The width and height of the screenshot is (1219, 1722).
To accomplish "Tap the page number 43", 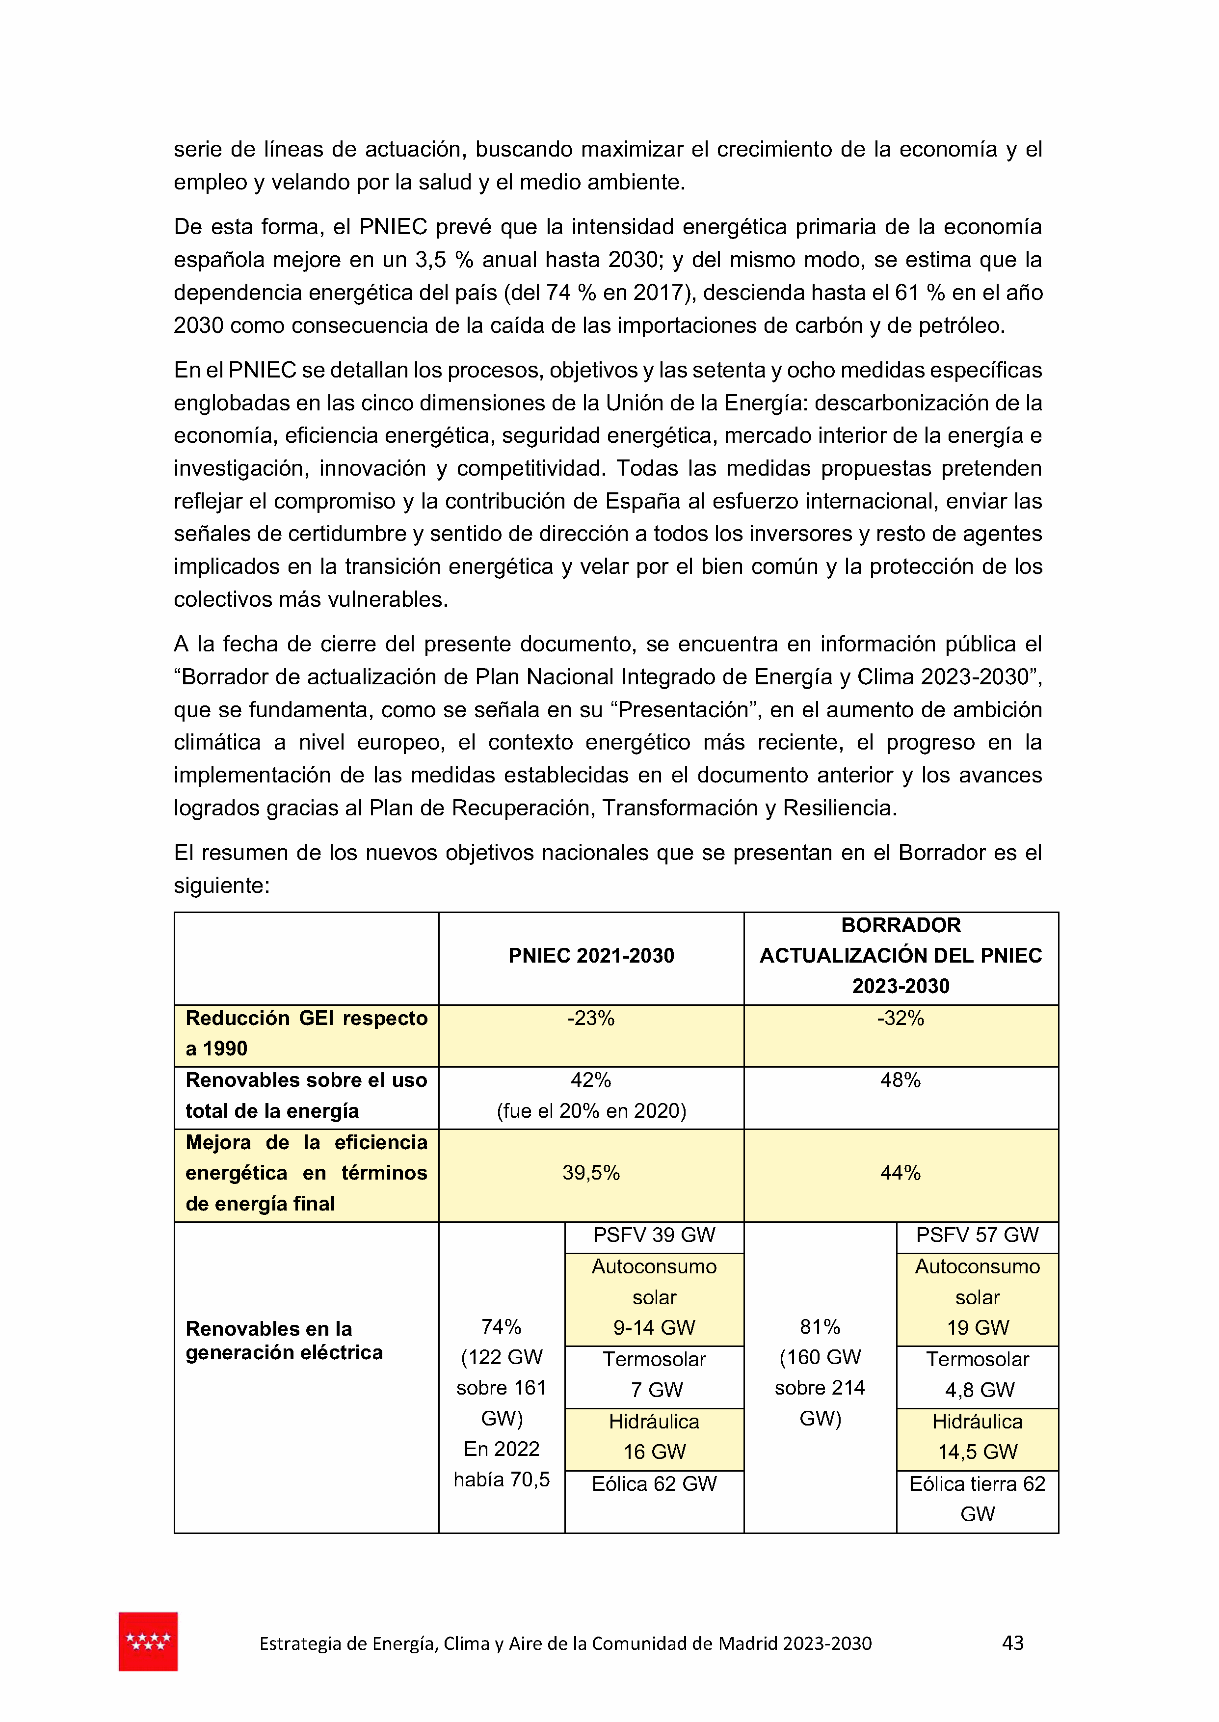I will (x=1012, y=1642).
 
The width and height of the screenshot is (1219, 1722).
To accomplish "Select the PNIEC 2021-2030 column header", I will (x=591, y=956).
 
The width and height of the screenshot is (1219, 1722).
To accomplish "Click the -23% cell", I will (x=591, y=1019).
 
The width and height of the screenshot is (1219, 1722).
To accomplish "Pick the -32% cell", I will (x=900, y=1019).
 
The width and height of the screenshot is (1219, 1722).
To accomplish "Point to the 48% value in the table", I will (x=900, y=1080).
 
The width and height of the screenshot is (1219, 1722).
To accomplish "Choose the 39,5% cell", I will (x=591, y=1173).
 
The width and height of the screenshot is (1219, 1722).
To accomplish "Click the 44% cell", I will (x=900, y=1173).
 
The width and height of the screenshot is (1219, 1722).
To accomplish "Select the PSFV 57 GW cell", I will (x=977, y=1235).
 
